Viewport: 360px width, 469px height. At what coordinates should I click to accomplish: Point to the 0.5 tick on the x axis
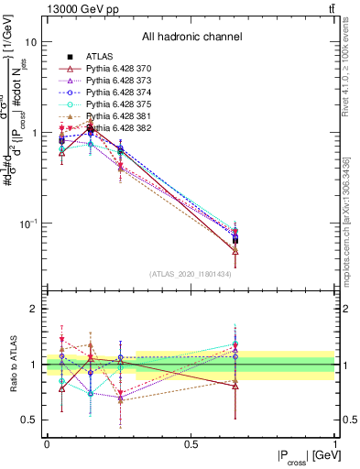tap(191, 443)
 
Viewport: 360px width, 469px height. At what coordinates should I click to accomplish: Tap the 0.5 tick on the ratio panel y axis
tap(29, 420)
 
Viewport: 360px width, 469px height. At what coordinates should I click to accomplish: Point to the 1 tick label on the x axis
tap(335, 443)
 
